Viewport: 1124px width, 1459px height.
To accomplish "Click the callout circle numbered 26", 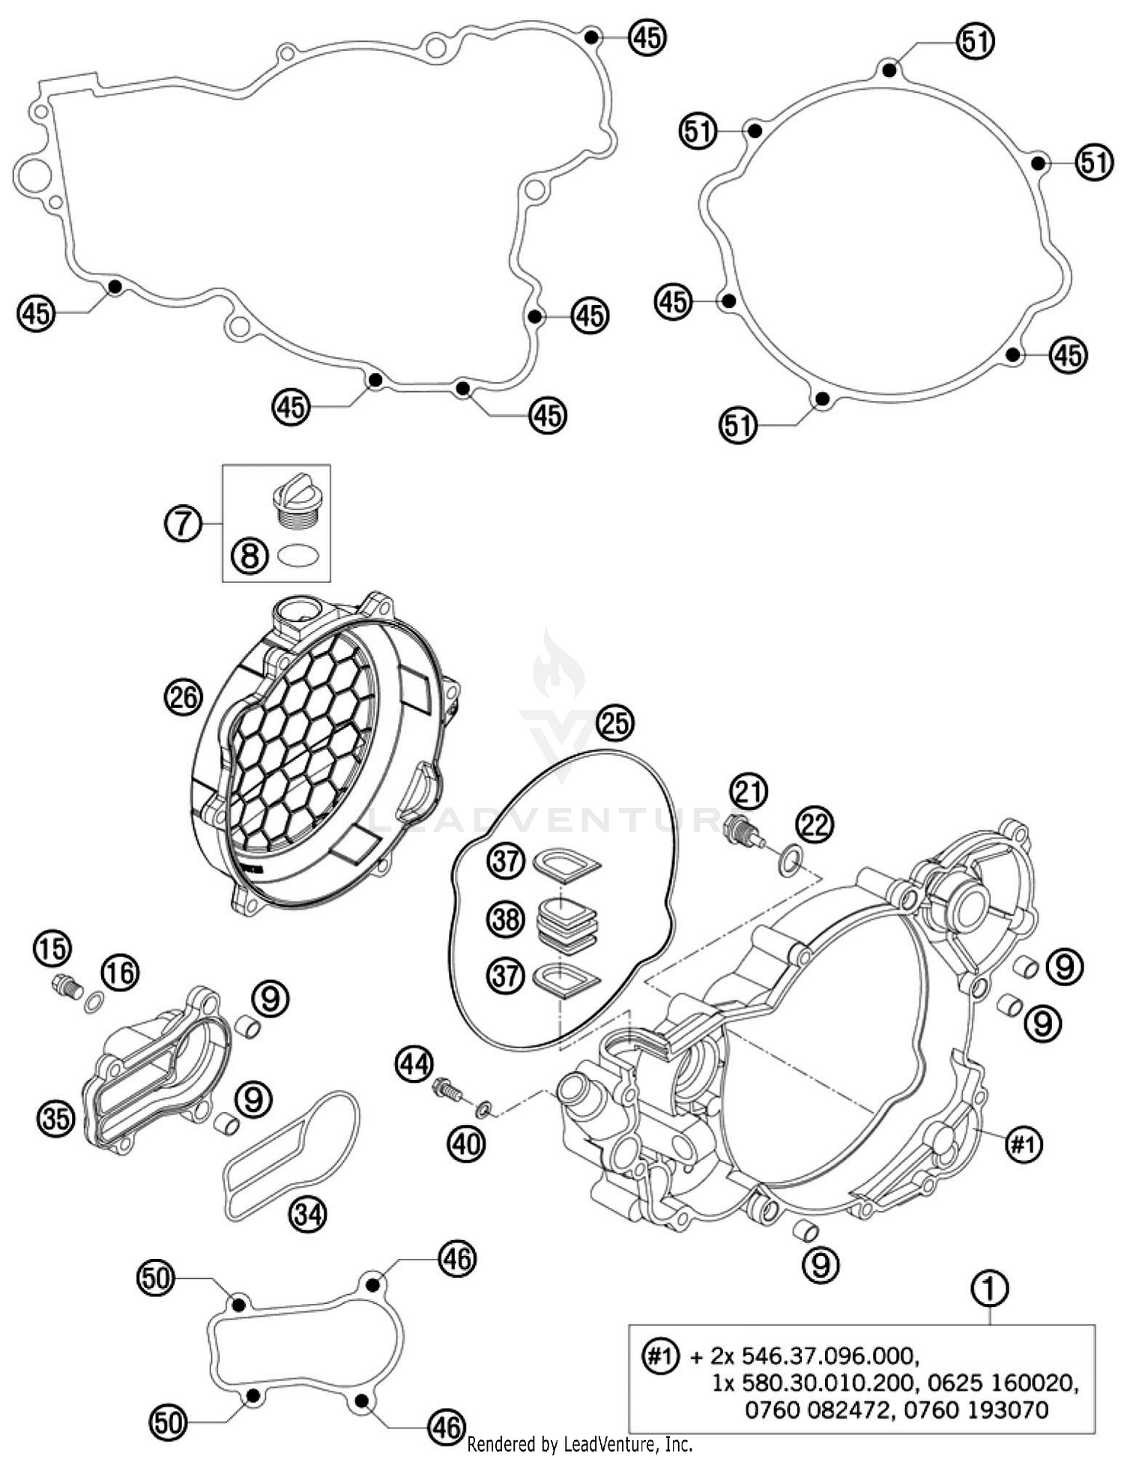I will [183, 698].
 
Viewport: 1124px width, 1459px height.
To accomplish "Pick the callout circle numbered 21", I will [750, 791].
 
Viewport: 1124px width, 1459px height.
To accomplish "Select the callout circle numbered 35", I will [55, 1119].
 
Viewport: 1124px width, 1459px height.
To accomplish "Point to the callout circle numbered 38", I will [506, 918].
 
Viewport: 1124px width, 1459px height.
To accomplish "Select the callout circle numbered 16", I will [121, 973].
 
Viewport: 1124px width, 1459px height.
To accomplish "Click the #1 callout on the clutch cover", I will [1023, 1144].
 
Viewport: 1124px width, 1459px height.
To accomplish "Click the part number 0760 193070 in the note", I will [976, 1410].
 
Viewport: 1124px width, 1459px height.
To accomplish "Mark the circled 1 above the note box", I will [990, 1289].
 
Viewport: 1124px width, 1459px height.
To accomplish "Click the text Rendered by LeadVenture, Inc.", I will [579, 1443].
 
